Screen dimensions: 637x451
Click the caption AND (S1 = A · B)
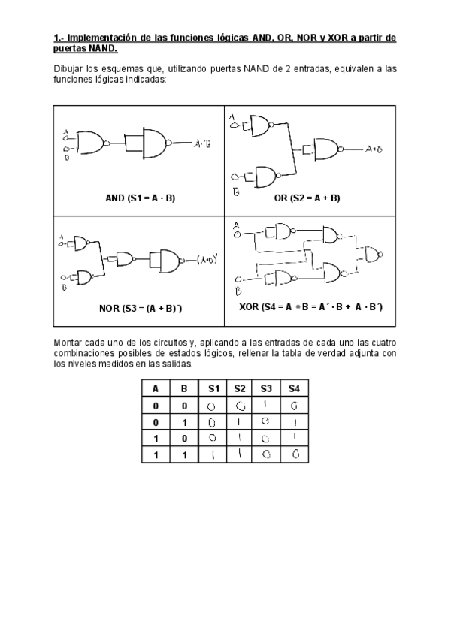coord(140,198)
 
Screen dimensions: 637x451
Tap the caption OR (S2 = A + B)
coord(307,198)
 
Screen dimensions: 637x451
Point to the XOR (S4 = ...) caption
coord(310,308)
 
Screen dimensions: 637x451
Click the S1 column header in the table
coord(213,389)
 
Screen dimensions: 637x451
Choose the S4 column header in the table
coord(294,389)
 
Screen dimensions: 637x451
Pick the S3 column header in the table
coord(266,389)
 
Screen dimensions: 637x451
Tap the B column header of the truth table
coord(184,389)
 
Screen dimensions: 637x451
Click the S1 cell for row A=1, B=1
coord(213,454)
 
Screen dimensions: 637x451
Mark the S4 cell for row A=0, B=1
coord(294,422)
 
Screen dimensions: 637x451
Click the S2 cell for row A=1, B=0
coord(240,438)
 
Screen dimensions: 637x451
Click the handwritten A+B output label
coord(374,149)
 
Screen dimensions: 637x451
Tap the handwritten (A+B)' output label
coord(207,261)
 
